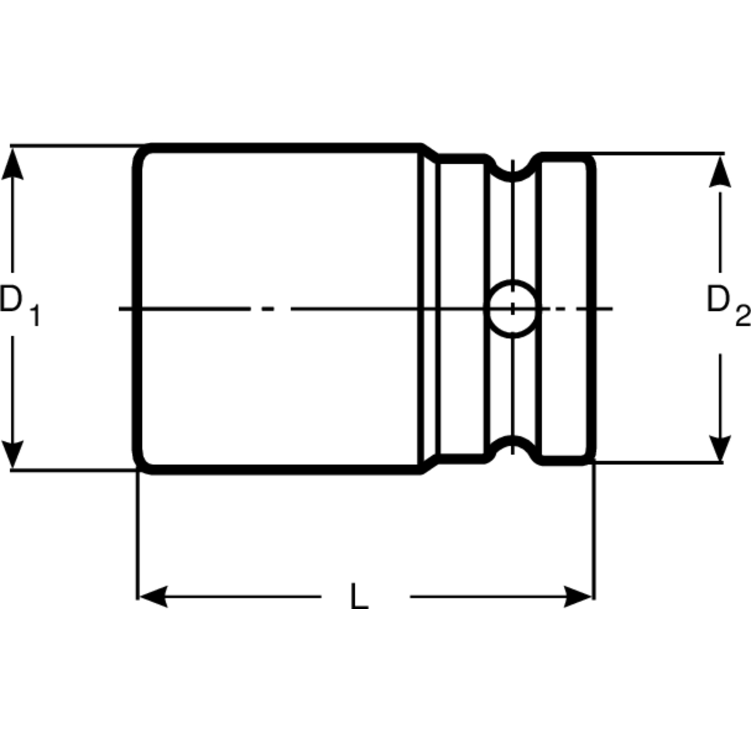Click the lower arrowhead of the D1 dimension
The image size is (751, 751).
pyautogui.click(x=13, y=453)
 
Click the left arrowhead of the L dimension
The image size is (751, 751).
pyautogui.click(x=154, y=597)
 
